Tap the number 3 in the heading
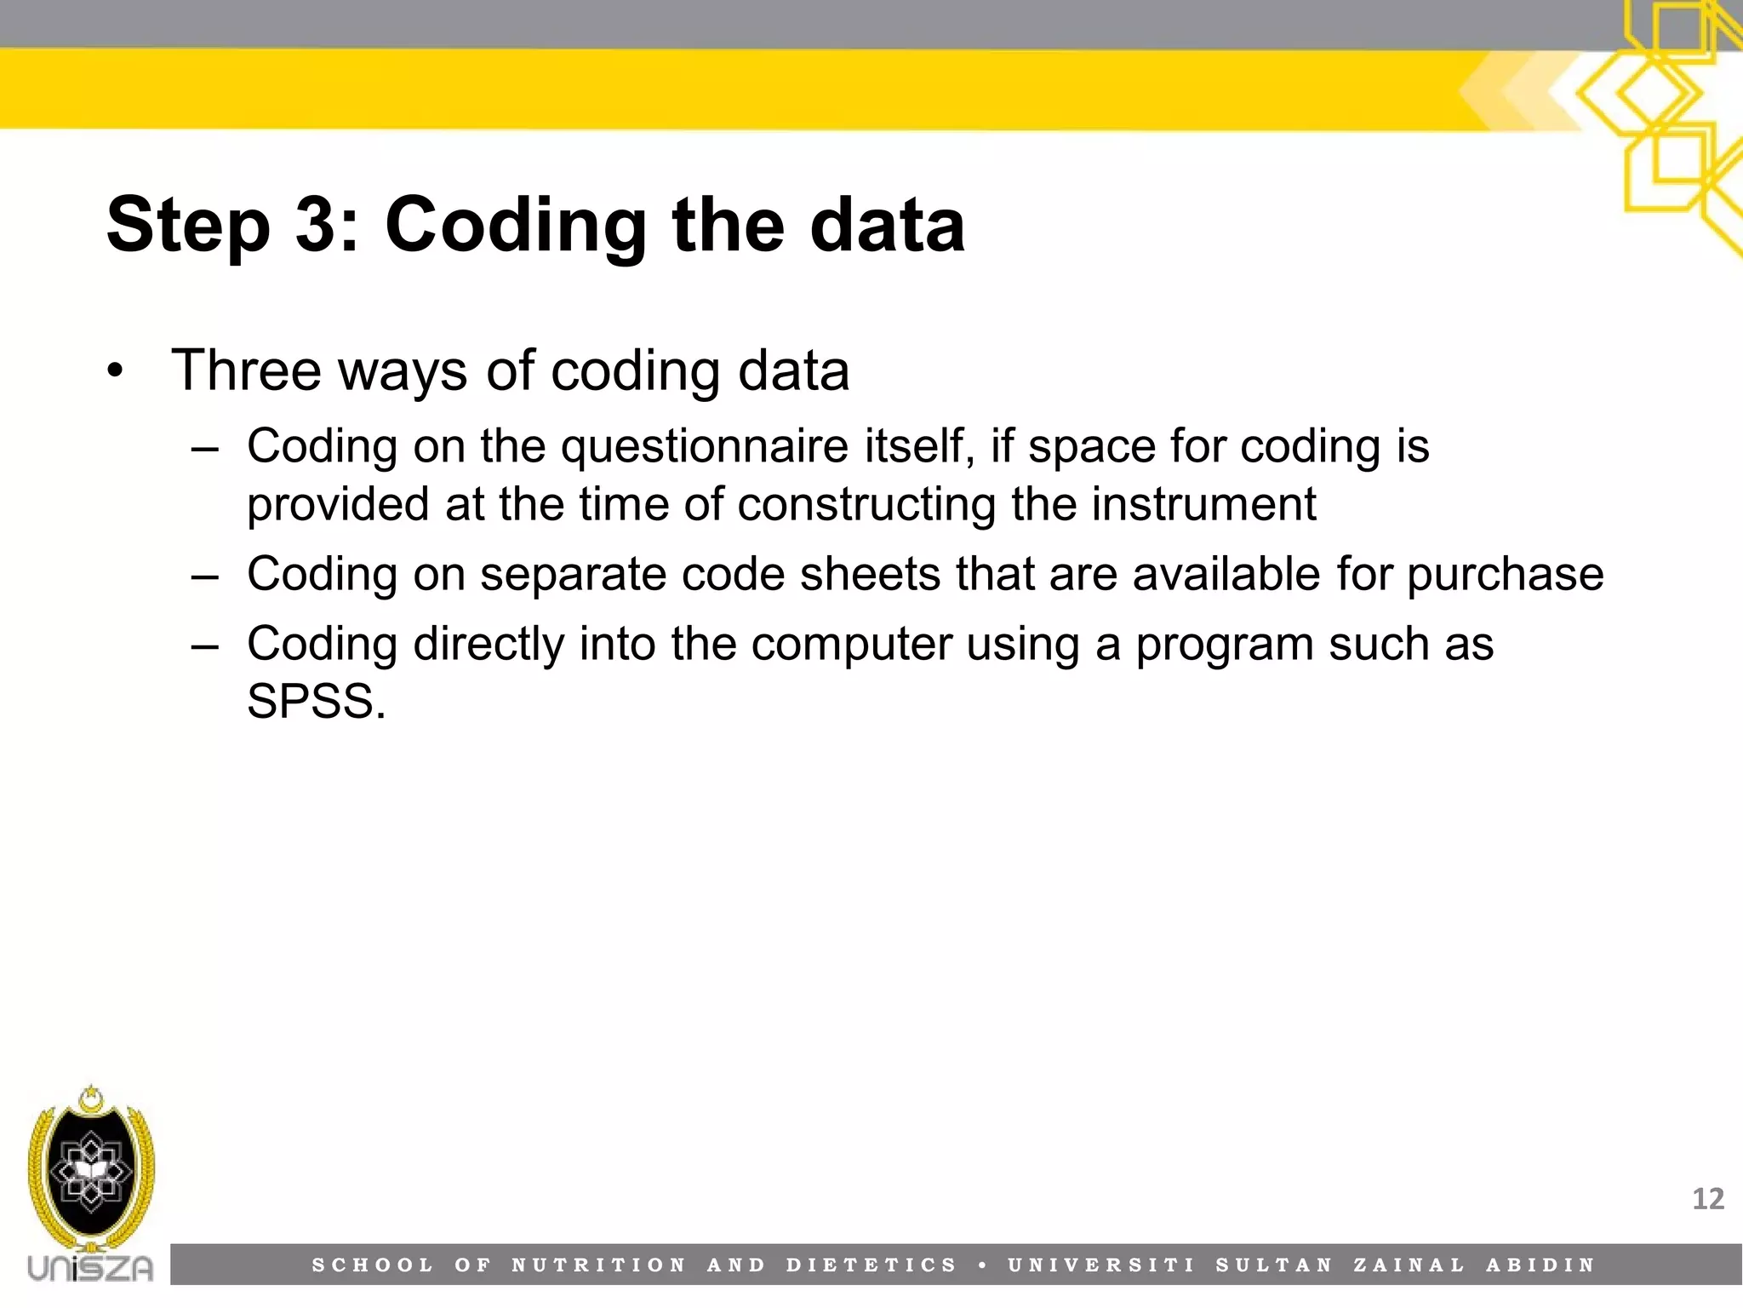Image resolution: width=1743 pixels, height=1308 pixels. point(317,225)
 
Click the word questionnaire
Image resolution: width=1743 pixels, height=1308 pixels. point(704,446)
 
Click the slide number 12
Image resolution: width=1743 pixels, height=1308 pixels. point(1707,1199)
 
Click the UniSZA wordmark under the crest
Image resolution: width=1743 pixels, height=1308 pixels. point(90,1268)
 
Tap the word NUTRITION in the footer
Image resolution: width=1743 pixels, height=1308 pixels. point(598,1265)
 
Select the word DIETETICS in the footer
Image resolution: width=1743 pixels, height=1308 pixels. point(871,1265)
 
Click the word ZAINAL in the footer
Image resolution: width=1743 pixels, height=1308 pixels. point(1409,1265)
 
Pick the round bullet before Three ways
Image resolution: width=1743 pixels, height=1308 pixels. point(116,372)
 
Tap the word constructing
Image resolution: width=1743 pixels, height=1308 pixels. point(867,504)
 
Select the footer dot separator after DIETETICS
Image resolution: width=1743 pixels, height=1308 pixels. point(983,1265)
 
